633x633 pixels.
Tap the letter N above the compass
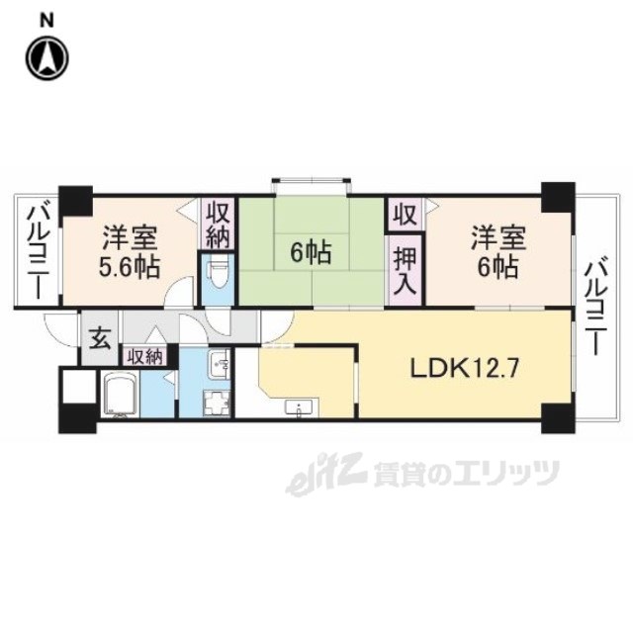(x=46, y=20)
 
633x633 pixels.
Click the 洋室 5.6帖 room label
(x=130, y=252)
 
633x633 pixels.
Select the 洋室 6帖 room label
(x=498, y=252)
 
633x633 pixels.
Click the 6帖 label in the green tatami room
(x=311, y=253)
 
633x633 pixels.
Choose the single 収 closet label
(x=406, y=215)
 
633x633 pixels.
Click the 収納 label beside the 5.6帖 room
(x=219, y=226)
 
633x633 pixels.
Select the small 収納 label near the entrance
(x=145, y=357)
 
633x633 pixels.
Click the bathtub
(x=121, y=395)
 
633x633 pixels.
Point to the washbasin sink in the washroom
(x=220, y=364)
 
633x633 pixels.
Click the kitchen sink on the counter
(x=299, y=407)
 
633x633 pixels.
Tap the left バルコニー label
(x=39, y=252)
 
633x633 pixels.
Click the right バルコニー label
(x=596, y=309)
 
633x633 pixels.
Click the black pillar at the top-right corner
(x=558, y=198)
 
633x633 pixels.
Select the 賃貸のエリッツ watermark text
(x=466, y=474)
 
